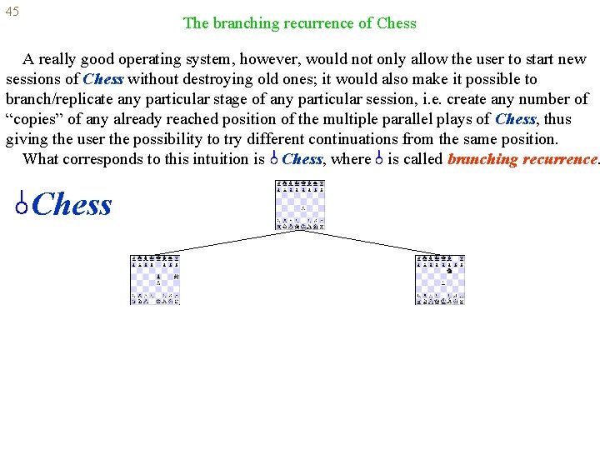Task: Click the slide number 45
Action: (12, 12)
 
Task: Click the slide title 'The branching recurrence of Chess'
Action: (299, 23)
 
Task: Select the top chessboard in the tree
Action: (300, 205)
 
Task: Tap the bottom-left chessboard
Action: (156, 280)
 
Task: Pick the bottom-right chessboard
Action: (441, 280)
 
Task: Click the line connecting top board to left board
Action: (225, 242)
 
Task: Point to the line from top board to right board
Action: (371, 242)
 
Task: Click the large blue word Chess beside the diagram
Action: (72, 205)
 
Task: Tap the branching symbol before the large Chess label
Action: (22, 203)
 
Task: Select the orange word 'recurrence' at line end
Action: (560, 159)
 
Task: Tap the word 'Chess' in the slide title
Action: (396, 23)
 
